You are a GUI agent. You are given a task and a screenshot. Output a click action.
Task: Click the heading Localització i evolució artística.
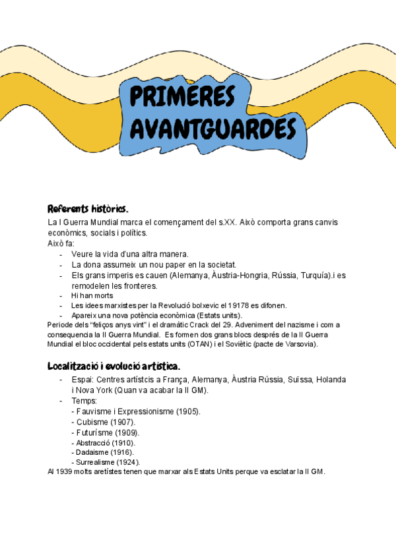pos(114,366)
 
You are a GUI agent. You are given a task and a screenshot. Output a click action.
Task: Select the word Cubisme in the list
pos(92,422)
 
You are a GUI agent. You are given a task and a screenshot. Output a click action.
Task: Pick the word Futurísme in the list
pos(94,432)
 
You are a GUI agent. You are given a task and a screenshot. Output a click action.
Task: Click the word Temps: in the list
pos(84,401)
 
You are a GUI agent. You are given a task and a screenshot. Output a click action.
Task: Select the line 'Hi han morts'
pos(92,296)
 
